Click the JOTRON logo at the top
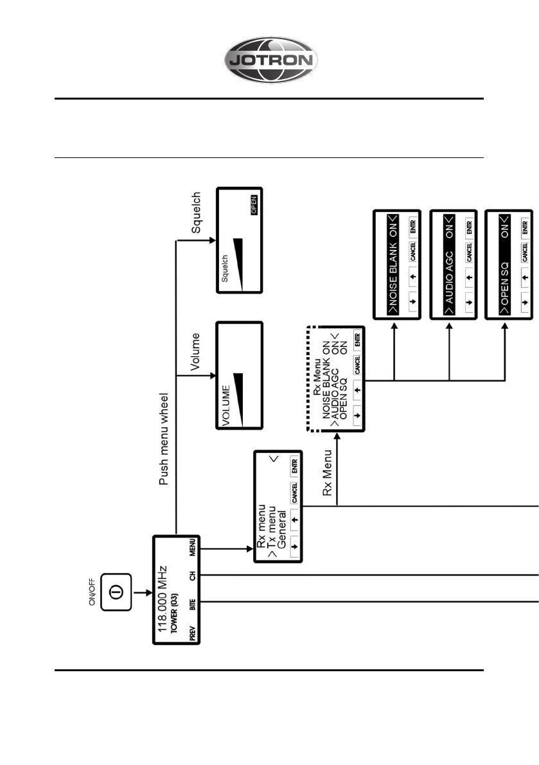(270, 61)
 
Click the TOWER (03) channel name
(175, 613)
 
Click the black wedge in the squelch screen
(237, 261)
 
